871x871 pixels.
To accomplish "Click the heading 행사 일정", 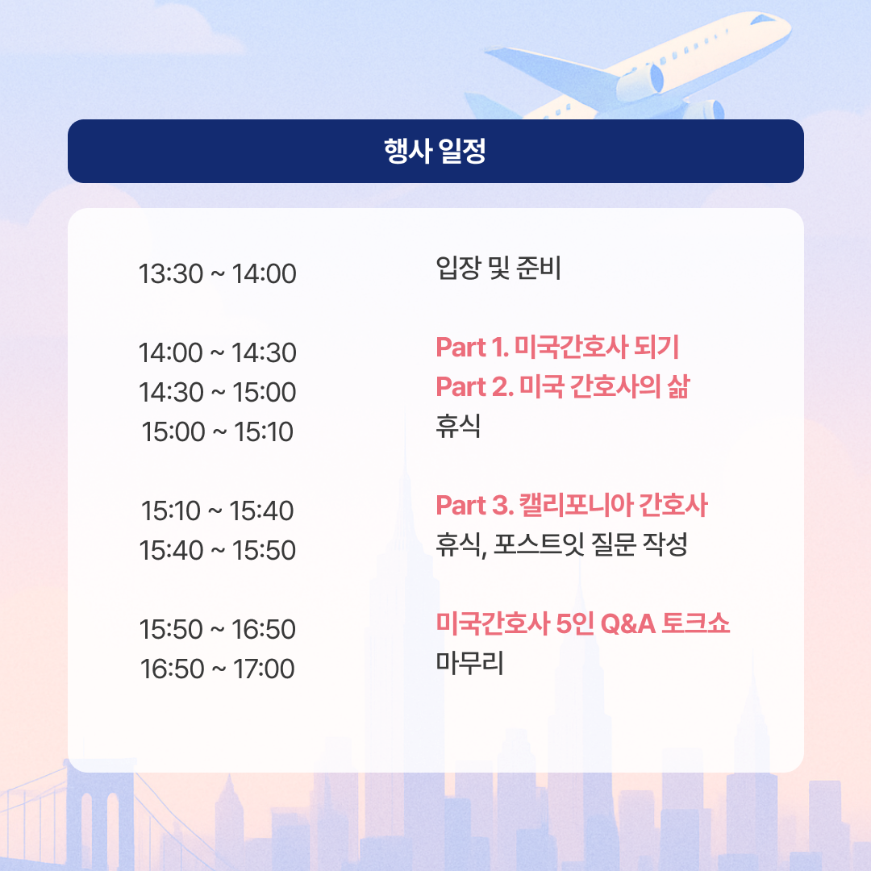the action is click(x=435, y=151).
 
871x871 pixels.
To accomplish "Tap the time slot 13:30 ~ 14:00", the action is click(x=217, y=274).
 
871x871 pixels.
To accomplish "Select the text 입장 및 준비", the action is click(x=498, y=269).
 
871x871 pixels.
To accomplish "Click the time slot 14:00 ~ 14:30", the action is click(x=217, y=352).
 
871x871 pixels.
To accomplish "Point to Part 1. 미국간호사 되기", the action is click(x=557, y=347).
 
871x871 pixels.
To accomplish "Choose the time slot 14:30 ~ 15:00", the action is click(x=217, y=392).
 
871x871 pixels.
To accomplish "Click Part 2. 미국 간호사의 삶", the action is click(x=562, y=386).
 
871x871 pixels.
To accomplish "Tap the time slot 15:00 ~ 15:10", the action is click(x=217, y=431).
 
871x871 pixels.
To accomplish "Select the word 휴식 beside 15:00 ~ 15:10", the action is click(x=458, y=426).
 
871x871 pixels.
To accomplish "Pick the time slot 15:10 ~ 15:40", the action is click(x=217, y=511).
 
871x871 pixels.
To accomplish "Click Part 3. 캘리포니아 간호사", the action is click(x=572, y=505).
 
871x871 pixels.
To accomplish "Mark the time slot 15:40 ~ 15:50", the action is click(x=217, y=550).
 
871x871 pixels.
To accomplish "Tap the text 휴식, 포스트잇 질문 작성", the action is click(x=561, y=544).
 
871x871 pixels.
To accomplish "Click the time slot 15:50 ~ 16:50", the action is click(x=217, y=629).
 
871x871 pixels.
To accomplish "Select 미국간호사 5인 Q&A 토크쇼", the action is click(x=583, y=623).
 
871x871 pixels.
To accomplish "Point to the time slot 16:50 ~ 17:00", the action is click(x=217, y=669).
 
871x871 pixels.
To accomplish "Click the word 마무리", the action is click(x=469, y=663).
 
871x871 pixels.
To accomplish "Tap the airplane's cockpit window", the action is click(x=762, y=19).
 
